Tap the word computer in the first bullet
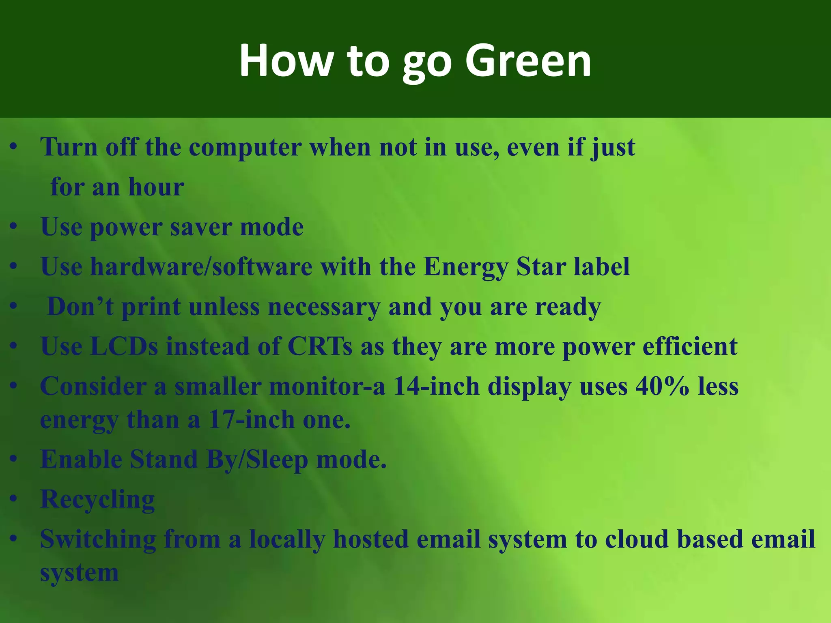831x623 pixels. [x=245, y=147]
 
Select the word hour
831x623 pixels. [x=156, y=187]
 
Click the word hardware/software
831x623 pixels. [x=201, y=267]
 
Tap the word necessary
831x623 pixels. [x=324, y=307]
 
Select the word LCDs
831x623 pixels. [x=124, y=346]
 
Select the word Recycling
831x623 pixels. [x=97, y=499]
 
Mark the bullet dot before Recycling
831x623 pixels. [x=14, y=499]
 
